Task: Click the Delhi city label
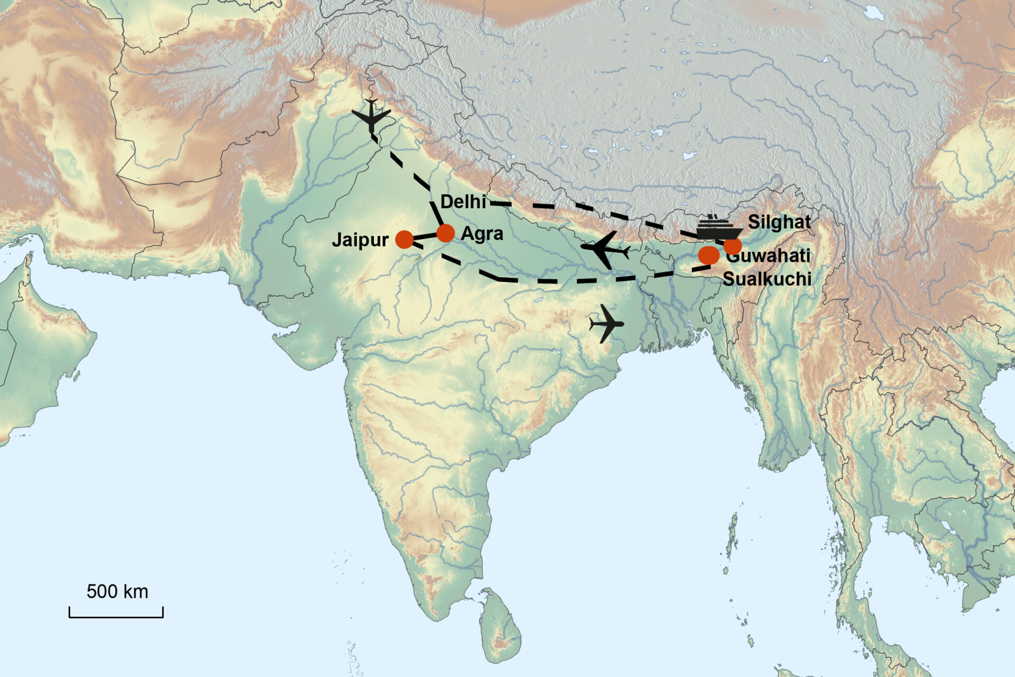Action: click(x=463, y=202)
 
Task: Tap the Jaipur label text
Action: click(x=360, y=240)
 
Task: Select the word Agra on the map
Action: click(x=482, y=234)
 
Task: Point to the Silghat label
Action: click(x=779, y=222)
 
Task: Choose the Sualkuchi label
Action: click(x=767, y=279)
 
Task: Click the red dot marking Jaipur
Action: click(x=404, y=239)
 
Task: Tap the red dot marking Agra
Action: click(x=445, y=233)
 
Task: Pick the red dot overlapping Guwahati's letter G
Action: click(x=733, y=246)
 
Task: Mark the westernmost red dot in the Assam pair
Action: click(x=708, y=255)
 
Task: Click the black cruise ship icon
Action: click(x=718, y=229)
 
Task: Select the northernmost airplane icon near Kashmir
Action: click(x=372, y=115)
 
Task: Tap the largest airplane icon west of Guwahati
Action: click(x=604, y=249)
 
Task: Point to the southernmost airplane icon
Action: click(x=607, y=323)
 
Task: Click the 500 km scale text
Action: click(x=117, y=591)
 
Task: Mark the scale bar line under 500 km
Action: click(x=116, y=616)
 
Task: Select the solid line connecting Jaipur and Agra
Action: click(x=425, y=236)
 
